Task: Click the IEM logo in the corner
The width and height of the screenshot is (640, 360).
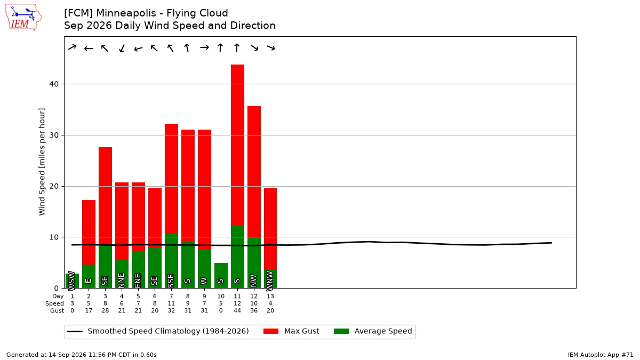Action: [23, 17]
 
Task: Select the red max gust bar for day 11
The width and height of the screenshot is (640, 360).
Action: [237, 145]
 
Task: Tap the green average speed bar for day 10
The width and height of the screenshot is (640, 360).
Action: [221, 275]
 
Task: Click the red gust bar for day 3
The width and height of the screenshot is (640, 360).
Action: [105, 196]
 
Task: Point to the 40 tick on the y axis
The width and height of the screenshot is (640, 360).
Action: [54, 84]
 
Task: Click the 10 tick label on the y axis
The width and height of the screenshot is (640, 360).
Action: [54, 237]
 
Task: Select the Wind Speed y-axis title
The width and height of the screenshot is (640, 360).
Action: [42, 162]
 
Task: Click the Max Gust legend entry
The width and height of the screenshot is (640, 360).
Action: [291, 331]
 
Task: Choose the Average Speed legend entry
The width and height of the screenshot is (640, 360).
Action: [373, 331]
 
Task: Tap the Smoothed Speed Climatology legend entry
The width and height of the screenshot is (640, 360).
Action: [158, 331]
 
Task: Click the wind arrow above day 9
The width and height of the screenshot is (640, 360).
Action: [204, 47]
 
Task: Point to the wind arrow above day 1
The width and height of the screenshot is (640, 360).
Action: [72, 47]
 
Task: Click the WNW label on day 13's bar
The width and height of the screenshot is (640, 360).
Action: [270, 281]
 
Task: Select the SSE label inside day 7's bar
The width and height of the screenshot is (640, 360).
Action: [171, 281]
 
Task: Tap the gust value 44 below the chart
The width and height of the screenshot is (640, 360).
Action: [237, 310]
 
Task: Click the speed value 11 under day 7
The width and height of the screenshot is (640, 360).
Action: [171, 303]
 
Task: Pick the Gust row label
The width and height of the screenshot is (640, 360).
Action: [57, 310]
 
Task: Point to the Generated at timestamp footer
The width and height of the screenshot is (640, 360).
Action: [82, 355]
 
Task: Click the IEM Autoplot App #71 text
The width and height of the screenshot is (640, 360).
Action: [601, 355]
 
